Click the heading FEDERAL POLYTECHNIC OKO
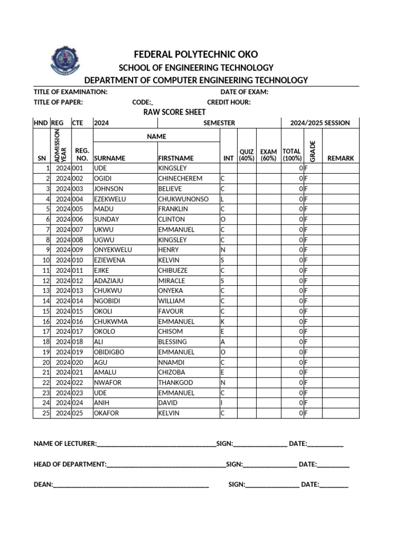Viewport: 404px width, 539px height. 196,55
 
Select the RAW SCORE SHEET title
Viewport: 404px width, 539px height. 175,112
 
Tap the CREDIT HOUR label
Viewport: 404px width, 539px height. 229,102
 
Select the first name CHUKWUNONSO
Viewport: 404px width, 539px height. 183,199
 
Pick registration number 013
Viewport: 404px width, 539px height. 78,291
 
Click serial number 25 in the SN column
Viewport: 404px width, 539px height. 46,413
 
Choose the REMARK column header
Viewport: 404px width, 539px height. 340,158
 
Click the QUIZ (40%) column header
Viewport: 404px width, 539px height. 247,155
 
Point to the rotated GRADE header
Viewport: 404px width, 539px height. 312,151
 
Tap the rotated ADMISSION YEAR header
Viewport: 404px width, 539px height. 60,145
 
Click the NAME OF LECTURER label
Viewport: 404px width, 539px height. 65,444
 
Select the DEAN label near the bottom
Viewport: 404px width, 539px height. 43,485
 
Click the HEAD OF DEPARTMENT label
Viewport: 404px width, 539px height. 70,464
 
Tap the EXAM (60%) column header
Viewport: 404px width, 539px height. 268,155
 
